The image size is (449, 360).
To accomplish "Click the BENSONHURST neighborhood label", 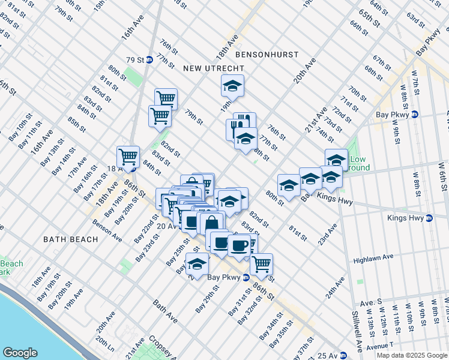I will pos(267,55).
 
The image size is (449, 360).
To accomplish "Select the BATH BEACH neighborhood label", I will pos(70,239).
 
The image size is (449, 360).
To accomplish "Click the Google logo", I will pos(20,353).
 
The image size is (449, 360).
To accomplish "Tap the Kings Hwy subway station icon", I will pos(429,218).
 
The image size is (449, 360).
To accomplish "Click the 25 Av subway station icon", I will pos(343,356).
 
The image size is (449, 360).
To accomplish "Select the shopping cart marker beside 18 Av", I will pos(128,157).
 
